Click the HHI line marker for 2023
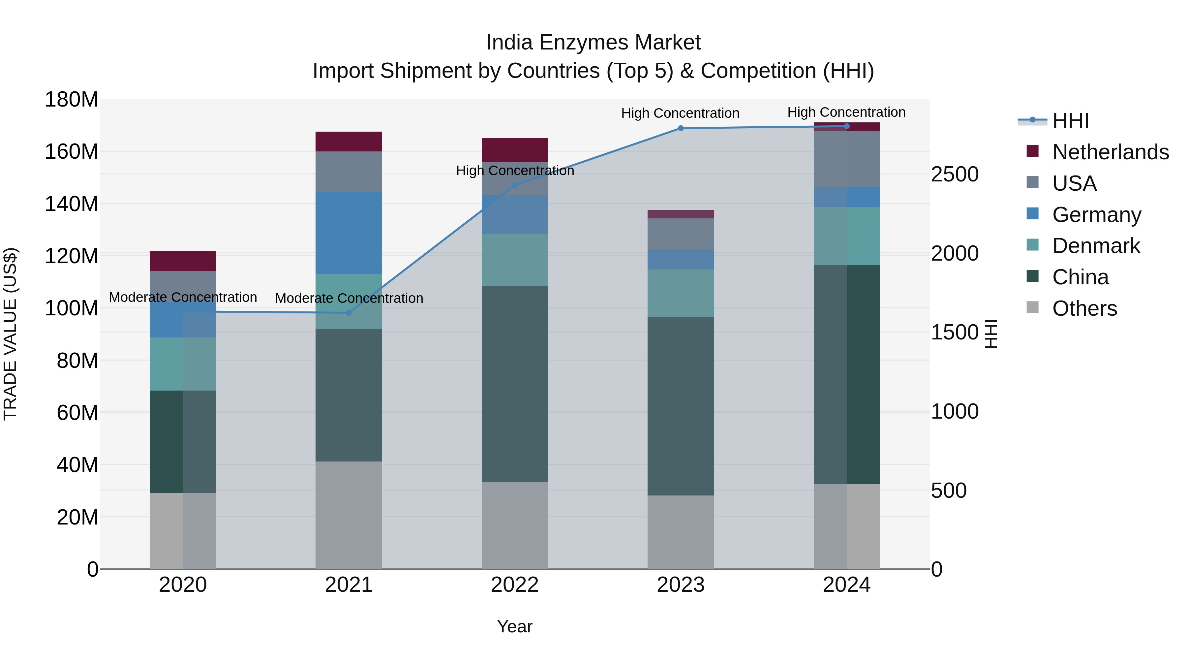point(681,128)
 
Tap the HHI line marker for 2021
point(349,313)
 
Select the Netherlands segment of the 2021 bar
point(349,142)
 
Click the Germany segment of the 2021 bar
point(349,233)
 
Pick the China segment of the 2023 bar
point(681,406)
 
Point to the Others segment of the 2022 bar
point(515,525)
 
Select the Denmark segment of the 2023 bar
point(681,293)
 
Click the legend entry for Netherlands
point(1111,152)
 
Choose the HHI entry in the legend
point(1070,121)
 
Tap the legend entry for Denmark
point(1096,246)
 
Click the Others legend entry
point(1084,308)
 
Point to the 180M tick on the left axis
point(72,100)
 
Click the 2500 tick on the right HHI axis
point(954,174)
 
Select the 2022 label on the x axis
point(515,585)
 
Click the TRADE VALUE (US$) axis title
point(10,334)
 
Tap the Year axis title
point(515,626)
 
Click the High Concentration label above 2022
point(515,171)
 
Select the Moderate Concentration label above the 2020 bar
point(183,297)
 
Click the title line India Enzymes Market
point(593,43)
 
